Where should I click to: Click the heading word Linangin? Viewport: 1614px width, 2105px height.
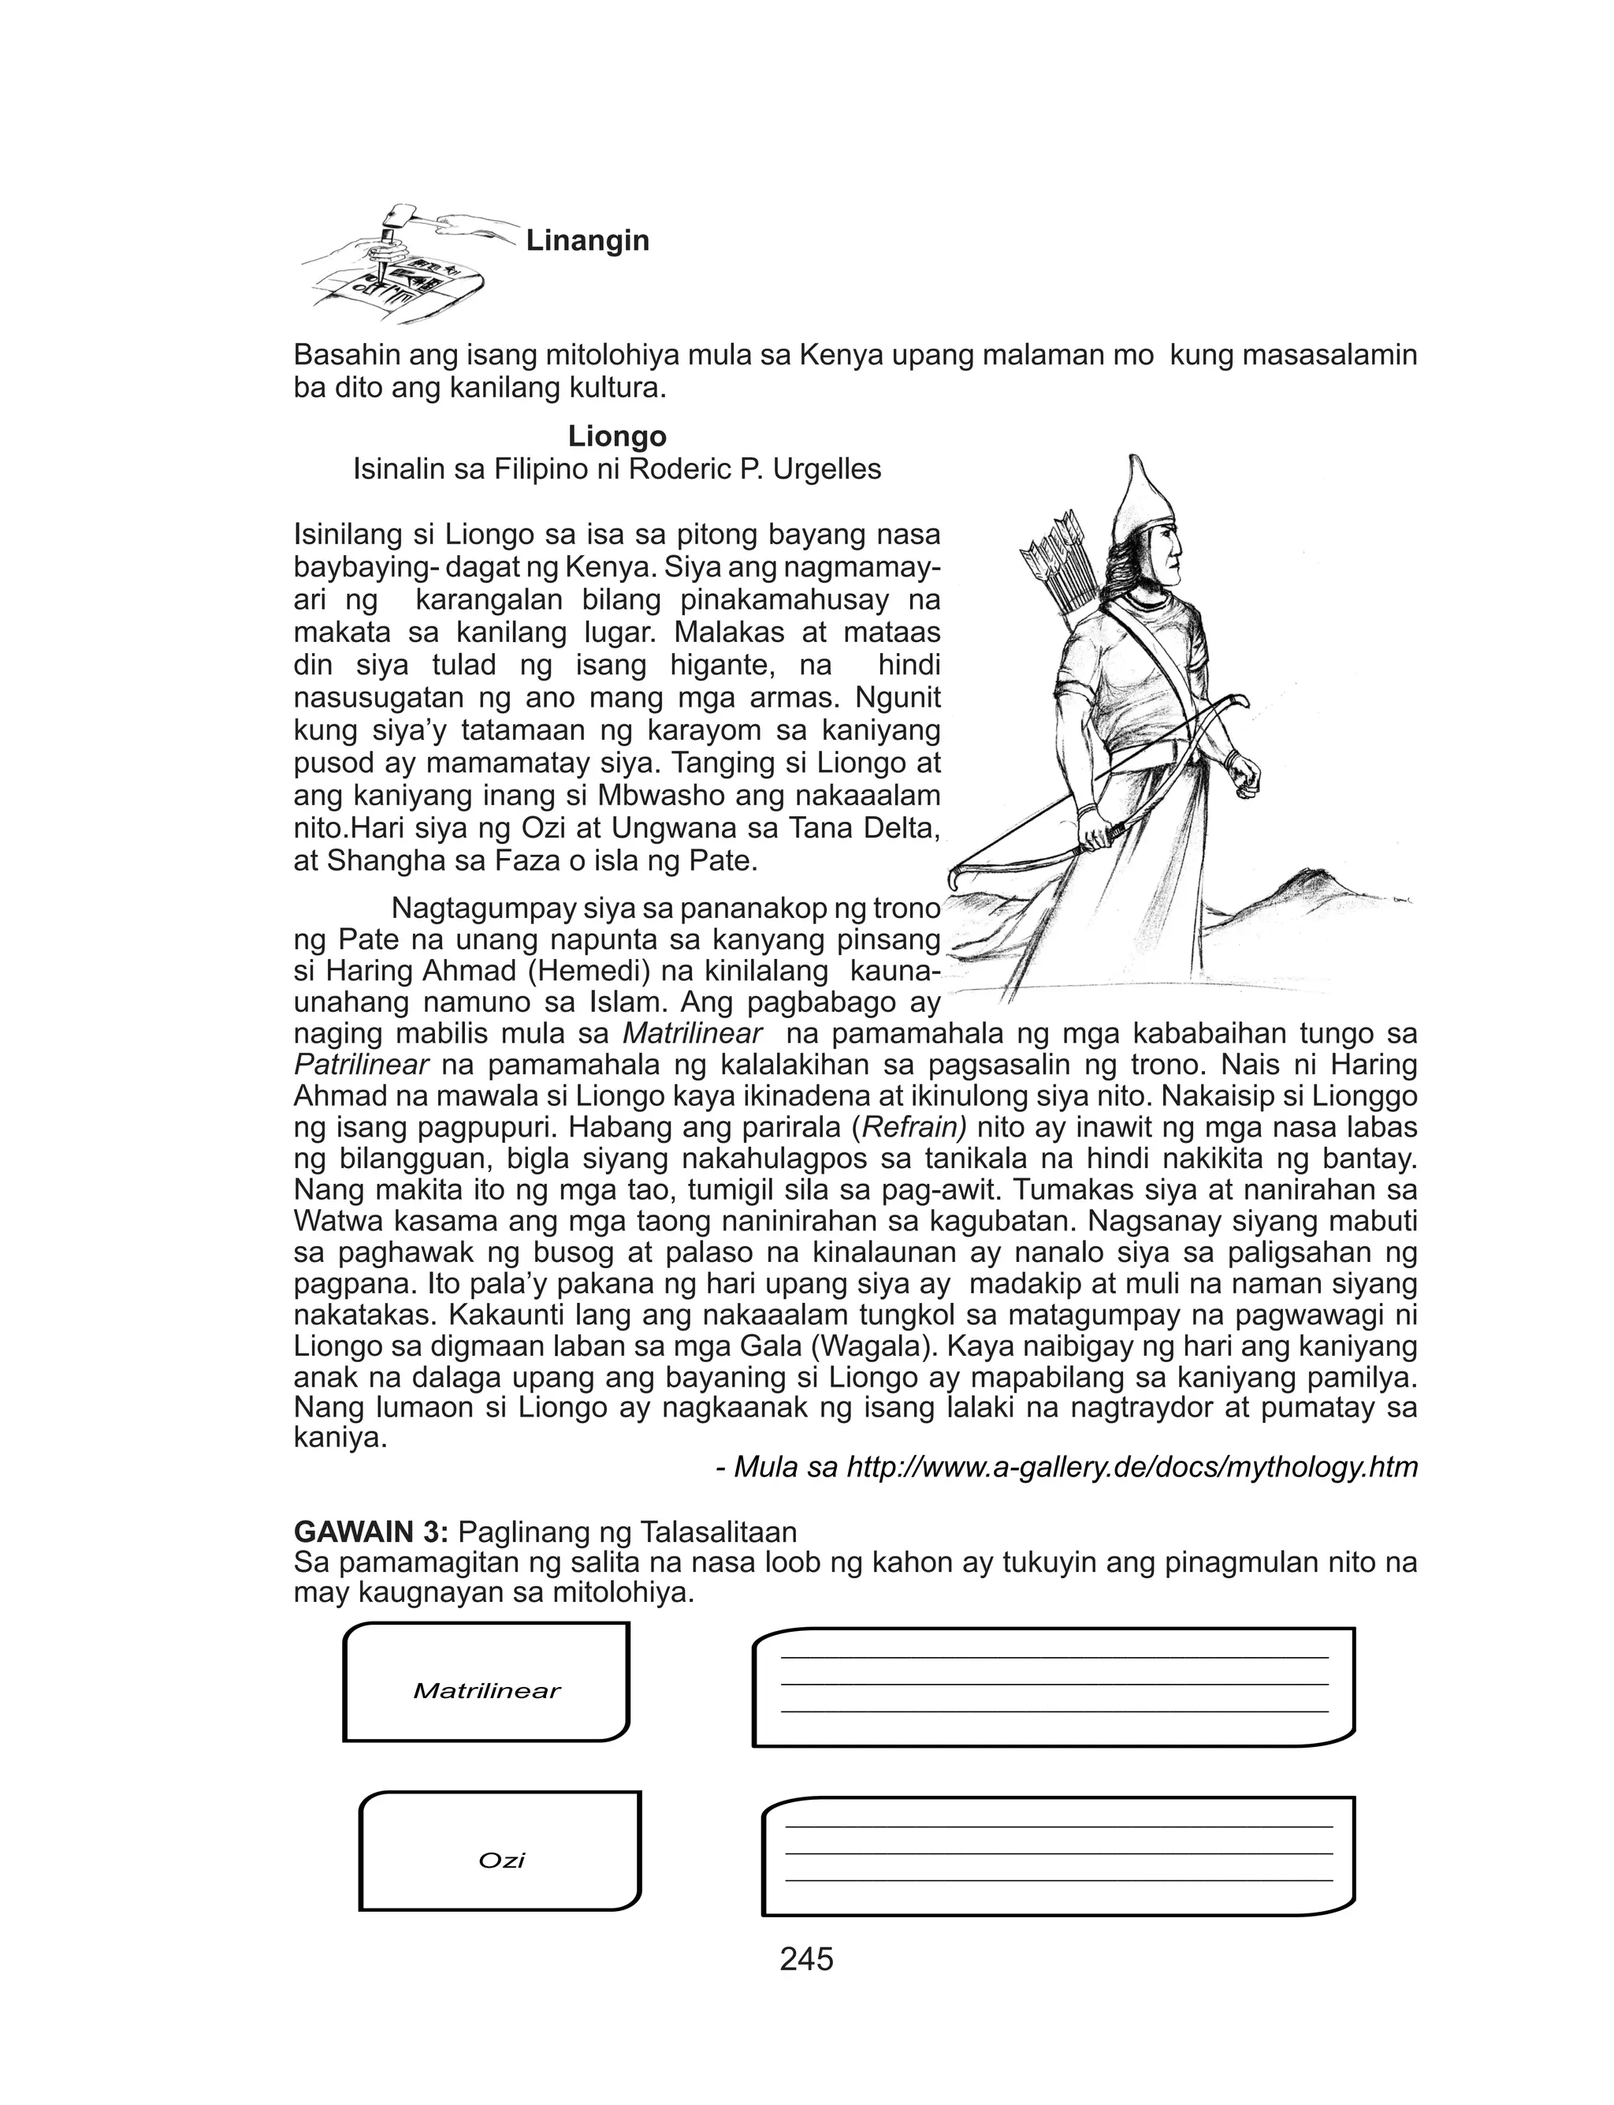coord(587,241)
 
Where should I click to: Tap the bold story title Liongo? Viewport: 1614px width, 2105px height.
coord(617,436)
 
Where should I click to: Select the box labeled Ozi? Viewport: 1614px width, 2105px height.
coord(500,1860)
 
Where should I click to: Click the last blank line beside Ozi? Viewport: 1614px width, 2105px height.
coord(1058,1880)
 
